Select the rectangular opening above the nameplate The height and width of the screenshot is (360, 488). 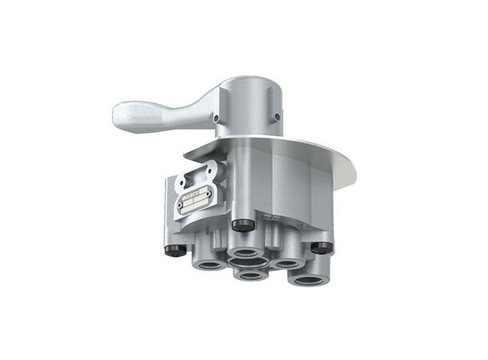click(x=197, y=178)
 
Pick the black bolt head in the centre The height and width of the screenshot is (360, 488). click(x=239, y=225)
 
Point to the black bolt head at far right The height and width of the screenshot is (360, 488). click(x=320, y=247)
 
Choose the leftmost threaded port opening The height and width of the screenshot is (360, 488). click(x=211, y=262)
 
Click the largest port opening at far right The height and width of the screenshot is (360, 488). click(x=309, y=278)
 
